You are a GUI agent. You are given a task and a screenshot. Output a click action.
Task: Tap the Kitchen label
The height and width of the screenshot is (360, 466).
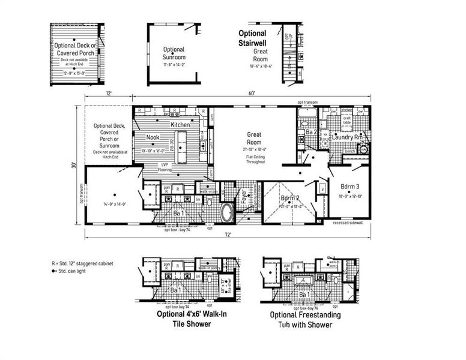(x=180, y=125)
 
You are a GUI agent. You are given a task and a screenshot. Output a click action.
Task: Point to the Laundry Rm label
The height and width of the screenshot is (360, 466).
(x=349, y=137)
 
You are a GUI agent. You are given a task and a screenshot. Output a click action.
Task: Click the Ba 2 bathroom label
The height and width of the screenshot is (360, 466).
(x=311, y=132)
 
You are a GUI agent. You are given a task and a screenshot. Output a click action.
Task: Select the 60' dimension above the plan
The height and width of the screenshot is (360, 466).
(x=251, y=94)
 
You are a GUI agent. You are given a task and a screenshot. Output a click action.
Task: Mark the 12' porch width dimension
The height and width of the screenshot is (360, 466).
(x=109, y=94)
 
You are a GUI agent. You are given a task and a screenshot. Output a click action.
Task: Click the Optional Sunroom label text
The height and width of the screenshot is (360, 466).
(x=174, y=53)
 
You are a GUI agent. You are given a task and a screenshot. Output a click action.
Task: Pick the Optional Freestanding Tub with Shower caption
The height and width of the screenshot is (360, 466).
(x=305, y=320)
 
